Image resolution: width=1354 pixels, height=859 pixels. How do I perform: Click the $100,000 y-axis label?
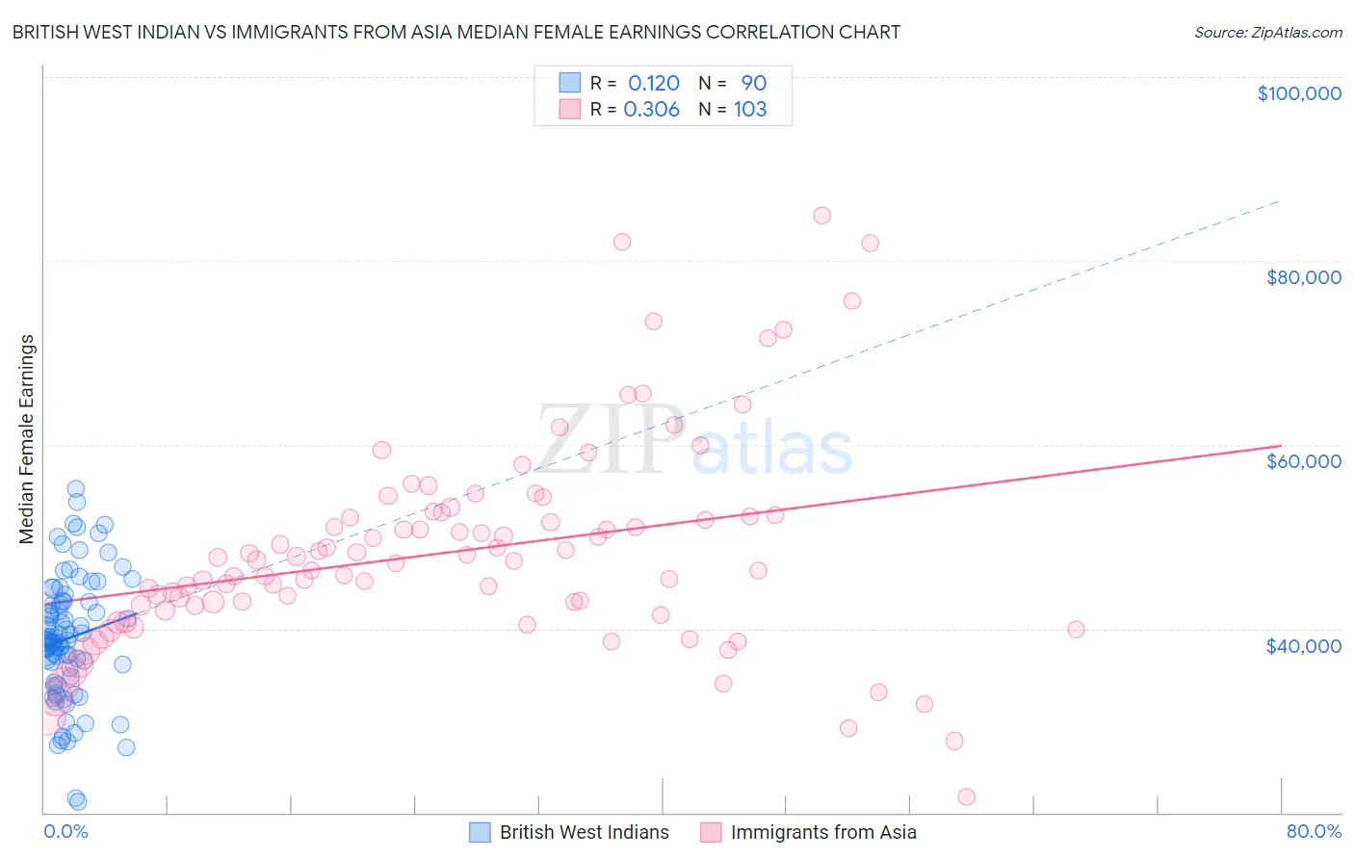pos(1299,93)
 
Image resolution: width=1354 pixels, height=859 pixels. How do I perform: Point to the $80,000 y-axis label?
pos(1303,277)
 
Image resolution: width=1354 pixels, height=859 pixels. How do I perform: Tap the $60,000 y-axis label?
pos(1303,461)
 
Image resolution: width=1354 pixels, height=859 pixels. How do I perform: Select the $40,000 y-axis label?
pos(1303,645)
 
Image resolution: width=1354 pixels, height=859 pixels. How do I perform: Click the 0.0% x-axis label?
pos(65,832)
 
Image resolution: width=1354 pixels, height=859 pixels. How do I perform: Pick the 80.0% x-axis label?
pos(1314,832)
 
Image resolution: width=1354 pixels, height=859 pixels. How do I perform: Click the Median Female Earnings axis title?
pos(27,439)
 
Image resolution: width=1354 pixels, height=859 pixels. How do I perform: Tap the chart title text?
pos(456,32)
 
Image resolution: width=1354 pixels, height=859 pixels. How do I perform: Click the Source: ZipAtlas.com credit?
pos(1267,33)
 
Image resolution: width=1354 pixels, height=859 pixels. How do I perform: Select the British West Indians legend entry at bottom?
pos(584,832)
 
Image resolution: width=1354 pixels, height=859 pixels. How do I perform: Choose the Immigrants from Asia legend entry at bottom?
pos(822,832)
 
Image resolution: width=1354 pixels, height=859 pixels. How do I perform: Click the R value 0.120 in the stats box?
pos(654,84)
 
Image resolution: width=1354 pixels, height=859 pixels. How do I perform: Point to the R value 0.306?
pos(652,110)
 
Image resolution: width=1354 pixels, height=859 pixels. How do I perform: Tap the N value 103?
pos(750,110)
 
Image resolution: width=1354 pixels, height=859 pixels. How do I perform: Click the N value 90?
pos(753,84)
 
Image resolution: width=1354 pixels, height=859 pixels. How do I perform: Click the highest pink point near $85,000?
pos(821,216)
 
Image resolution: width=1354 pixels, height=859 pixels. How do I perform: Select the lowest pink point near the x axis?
pos(967,796)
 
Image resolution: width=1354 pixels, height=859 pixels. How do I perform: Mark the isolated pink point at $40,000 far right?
pos(1076,630)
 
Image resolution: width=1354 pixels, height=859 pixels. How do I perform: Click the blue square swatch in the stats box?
pos(570,83)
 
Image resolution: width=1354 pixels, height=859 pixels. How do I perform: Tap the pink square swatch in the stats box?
pos(570,109)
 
